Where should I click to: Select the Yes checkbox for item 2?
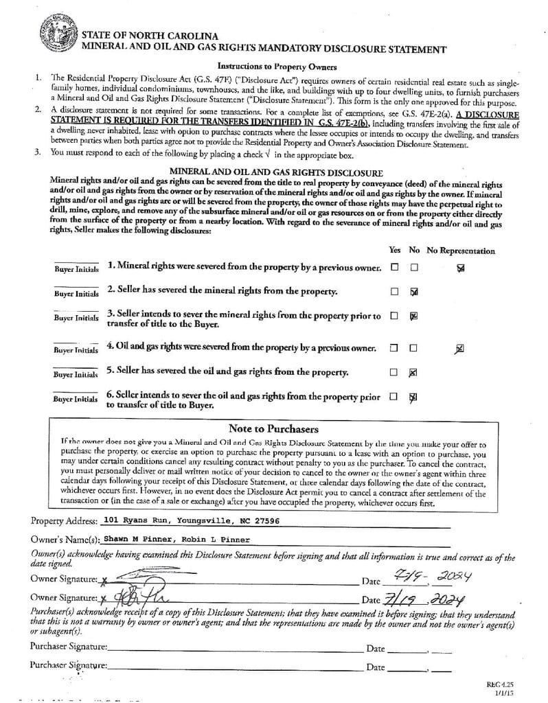[394, 292]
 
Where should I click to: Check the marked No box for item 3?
[413, 316]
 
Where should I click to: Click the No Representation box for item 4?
[459, 349]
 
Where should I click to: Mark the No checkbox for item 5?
[413, 372]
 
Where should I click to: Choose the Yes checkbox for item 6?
[394, 397]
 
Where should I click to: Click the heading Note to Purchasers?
[273, 428]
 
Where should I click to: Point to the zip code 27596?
[267, 520]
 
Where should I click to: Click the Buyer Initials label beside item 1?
[76, 268]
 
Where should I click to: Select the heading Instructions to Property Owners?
[276, 67]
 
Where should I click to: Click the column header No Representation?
[460, 251]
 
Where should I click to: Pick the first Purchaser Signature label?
[69, 647]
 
